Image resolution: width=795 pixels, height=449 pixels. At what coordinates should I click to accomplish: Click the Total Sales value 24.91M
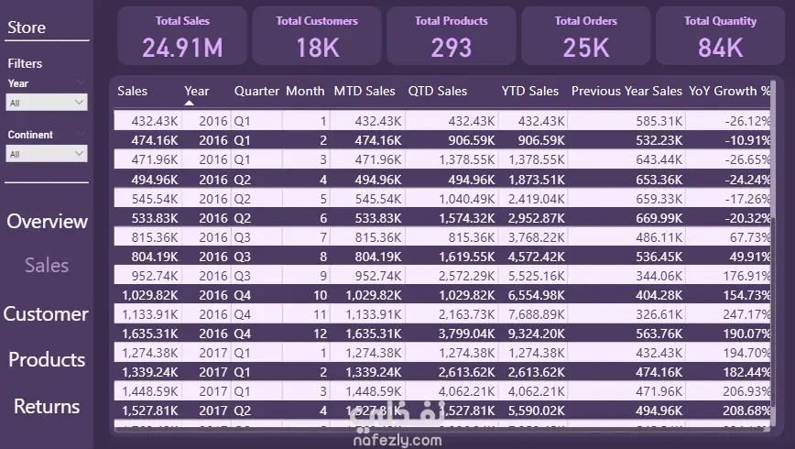[x=183, y=47]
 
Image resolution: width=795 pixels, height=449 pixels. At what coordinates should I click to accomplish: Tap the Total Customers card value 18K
[x=318, y=47]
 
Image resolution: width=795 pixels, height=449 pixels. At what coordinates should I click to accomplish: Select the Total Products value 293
[x=452, y=47]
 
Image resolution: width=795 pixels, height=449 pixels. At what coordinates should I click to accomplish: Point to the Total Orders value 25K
[x=586, y=47]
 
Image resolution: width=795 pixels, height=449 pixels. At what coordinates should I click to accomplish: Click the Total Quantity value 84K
[x=721, y=47]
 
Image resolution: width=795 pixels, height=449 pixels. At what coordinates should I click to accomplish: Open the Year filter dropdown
[x=47, y=104]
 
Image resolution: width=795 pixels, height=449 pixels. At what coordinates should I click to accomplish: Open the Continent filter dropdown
[x=47, y=155]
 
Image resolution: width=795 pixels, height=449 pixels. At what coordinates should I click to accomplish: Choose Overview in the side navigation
[x=47, y=222]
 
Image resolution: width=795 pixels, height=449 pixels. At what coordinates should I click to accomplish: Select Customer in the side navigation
[x=46, y=314]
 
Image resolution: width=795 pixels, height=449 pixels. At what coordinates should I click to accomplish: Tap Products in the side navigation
[x=47, y=360]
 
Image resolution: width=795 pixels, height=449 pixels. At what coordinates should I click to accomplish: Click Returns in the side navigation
[x=47, y=407]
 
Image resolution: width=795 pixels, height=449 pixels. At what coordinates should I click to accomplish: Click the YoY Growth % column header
[x=730, y=91]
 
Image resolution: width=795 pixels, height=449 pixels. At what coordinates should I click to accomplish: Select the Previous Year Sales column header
[x=626, y=91]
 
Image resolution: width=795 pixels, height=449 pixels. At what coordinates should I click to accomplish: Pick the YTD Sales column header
[x=529, y=91]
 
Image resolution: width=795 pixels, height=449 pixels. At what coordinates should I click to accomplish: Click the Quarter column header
[x=256, y=91]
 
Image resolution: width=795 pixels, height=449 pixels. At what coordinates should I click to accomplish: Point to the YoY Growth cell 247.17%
[x=746, y=313]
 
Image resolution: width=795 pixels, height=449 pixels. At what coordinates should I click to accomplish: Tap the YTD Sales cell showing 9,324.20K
[x=532, y=334]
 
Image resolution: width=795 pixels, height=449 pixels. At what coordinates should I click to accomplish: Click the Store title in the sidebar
[x=27, y=27]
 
